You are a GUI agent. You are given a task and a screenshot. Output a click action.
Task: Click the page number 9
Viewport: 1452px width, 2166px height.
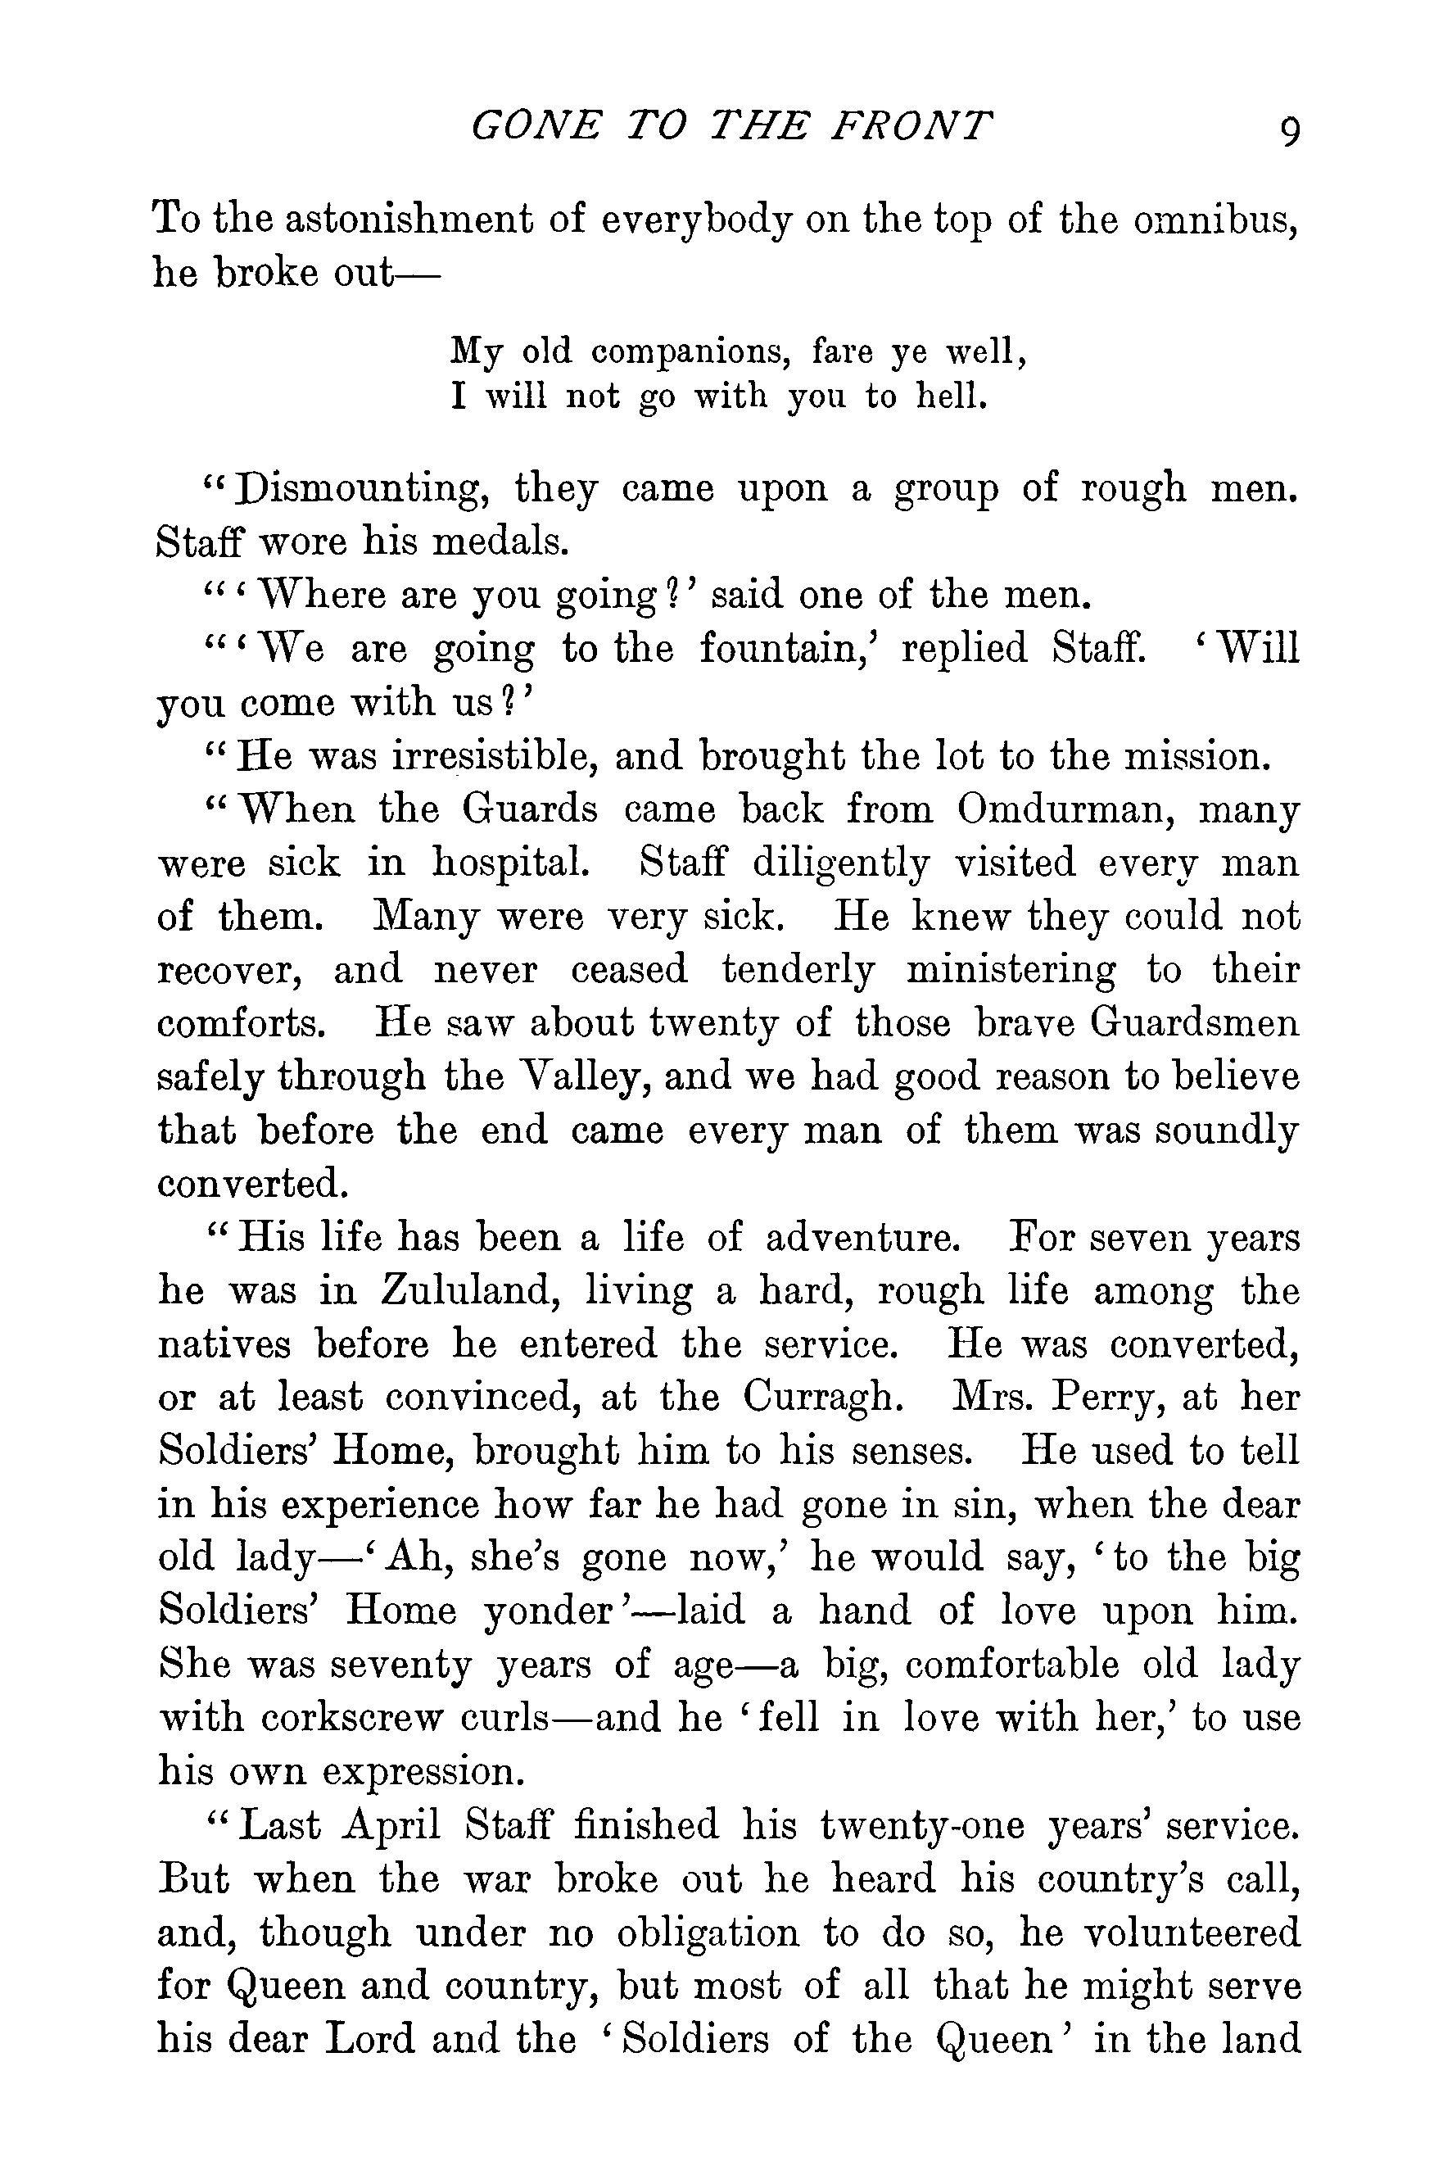(x=1288, y=130)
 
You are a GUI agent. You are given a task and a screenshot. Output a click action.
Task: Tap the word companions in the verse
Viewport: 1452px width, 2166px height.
(x=689, y=353)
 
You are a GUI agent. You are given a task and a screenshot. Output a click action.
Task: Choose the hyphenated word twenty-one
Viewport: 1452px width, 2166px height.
(x=922, y=1826)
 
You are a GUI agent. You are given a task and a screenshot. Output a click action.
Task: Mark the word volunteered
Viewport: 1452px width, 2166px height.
(x=1191, y=1933)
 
